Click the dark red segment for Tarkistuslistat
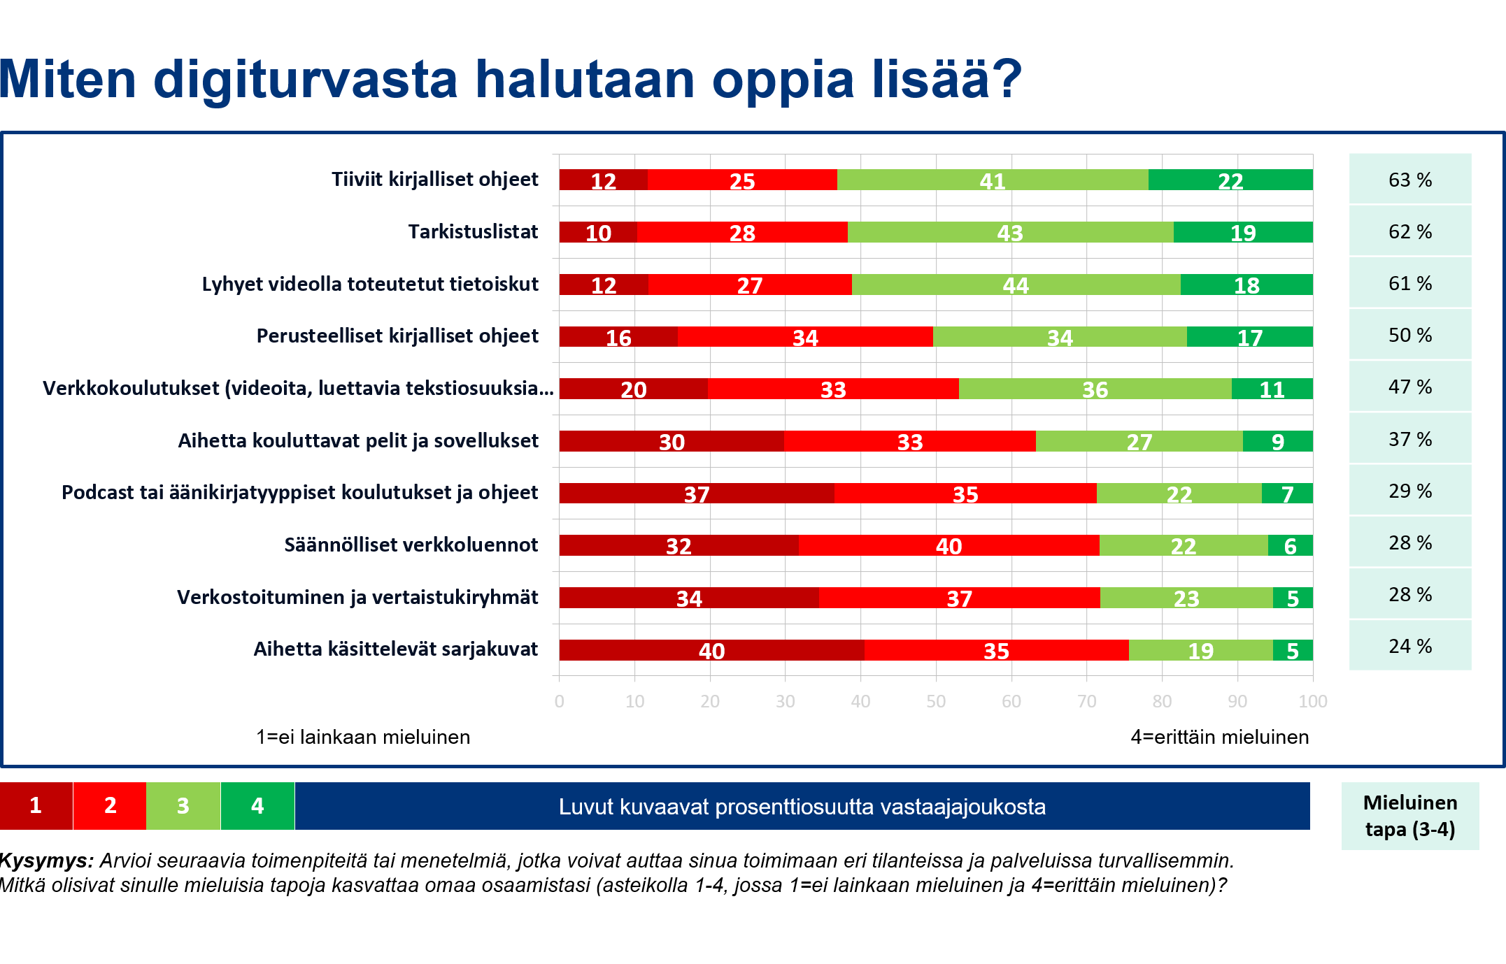coord(598,232)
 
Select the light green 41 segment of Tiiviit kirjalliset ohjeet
coord(992,180)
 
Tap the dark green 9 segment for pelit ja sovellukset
coord(1277,441)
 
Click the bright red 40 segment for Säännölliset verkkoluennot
coord(949,545)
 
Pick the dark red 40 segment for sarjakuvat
coord(711,650)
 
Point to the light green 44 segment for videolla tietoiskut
coord(1016,285)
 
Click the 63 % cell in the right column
coord(1409,180)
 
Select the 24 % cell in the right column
coord(1409,646)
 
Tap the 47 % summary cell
coord(1409,387)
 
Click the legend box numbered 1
coord(36,805)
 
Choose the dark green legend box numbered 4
coord(257,805)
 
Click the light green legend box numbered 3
coord(183,805)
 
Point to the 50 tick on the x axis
coord(936,701)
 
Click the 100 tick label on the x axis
coord(1312,701)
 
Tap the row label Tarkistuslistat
coord(473,231)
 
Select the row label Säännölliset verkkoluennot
coord(411,545)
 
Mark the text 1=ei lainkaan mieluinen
coord(363,737)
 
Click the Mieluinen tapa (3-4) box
coord(1409,816)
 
